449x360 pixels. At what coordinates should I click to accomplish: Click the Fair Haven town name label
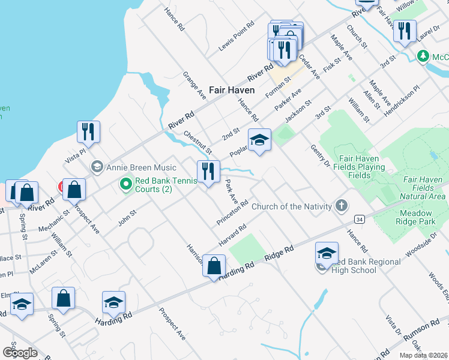coord(232,90)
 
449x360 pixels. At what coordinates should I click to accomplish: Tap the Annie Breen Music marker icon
coord(96,166)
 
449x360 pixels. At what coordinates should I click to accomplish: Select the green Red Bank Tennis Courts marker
coord(126,183)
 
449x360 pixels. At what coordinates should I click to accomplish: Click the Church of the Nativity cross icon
coord(341,206)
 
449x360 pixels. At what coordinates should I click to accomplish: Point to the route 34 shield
coord(358,220)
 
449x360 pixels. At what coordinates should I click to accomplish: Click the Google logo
coord(20,353)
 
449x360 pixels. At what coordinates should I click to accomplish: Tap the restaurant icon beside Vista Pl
coord(88,131)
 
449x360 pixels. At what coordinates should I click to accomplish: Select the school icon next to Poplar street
coord(260,140)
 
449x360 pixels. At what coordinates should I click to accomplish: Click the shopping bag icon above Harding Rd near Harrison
coord(214,265)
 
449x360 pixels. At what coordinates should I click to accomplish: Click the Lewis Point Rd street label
coord(237,37)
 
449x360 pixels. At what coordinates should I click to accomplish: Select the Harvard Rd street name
coord(233,236)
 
